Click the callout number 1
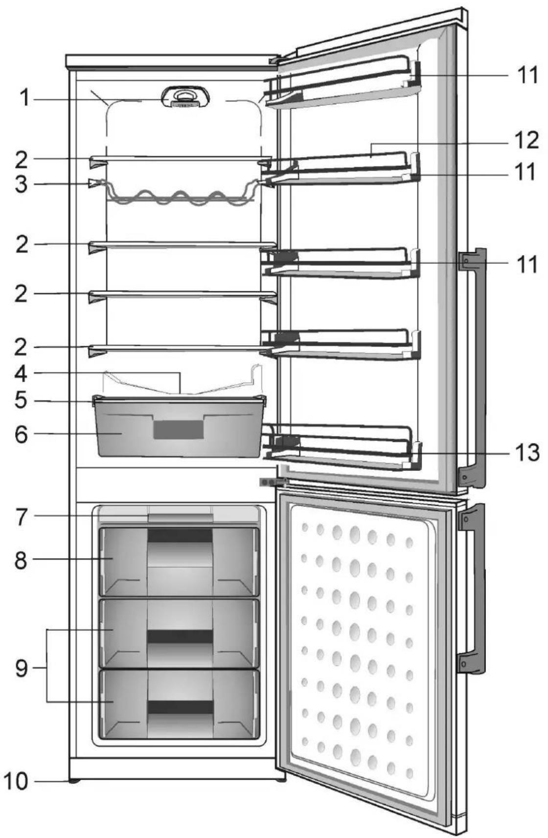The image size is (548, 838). [x=24, y=98]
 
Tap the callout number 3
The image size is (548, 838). [x=22, y=184]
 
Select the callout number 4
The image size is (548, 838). [x=22, y=373]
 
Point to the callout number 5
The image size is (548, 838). [x=22, y=400]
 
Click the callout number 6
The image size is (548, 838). [x=22, y=434]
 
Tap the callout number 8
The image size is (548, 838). [x=22, y=560]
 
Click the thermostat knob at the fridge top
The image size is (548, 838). [x=185, y=98]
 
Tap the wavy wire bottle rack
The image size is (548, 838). [x=180, y=193]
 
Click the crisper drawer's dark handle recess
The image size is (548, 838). [x=179, y=429]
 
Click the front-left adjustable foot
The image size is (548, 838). [x=74, y=781]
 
